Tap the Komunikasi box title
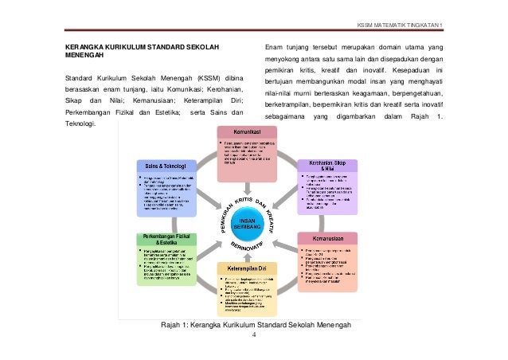[x=248, y=131]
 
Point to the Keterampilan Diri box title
[x=249, y=269]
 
